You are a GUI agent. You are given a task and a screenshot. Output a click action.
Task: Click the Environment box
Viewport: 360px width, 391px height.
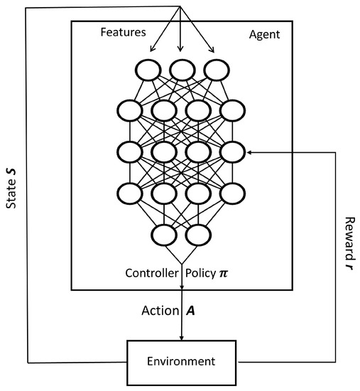click(182, 361)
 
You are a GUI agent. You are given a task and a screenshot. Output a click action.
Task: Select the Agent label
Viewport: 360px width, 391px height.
click(264, 33)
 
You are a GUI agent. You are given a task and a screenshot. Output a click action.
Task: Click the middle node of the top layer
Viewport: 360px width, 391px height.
click(182, 69)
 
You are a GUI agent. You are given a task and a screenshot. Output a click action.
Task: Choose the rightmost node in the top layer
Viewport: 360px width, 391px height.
click(214, 69)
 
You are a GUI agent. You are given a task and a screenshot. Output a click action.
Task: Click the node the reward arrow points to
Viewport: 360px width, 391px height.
click(231, 151)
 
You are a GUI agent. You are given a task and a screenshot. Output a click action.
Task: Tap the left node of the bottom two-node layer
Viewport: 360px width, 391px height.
click(164, 234)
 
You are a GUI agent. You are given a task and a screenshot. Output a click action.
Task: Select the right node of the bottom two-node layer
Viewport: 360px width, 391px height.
click(198, 234)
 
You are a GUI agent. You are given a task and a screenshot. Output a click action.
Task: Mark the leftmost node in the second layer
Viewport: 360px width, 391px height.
click(132, 110)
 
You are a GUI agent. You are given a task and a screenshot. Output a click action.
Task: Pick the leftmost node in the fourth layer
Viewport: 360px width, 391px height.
click(132, 193)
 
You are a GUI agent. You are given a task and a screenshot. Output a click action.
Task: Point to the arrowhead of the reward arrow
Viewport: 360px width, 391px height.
click(249, 151)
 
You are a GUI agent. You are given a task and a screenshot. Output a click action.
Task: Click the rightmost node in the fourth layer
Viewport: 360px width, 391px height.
click(231, 193)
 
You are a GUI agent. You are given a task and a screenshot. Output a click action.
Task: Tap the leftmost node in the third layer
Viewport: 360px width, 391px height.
click(132, 151)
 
